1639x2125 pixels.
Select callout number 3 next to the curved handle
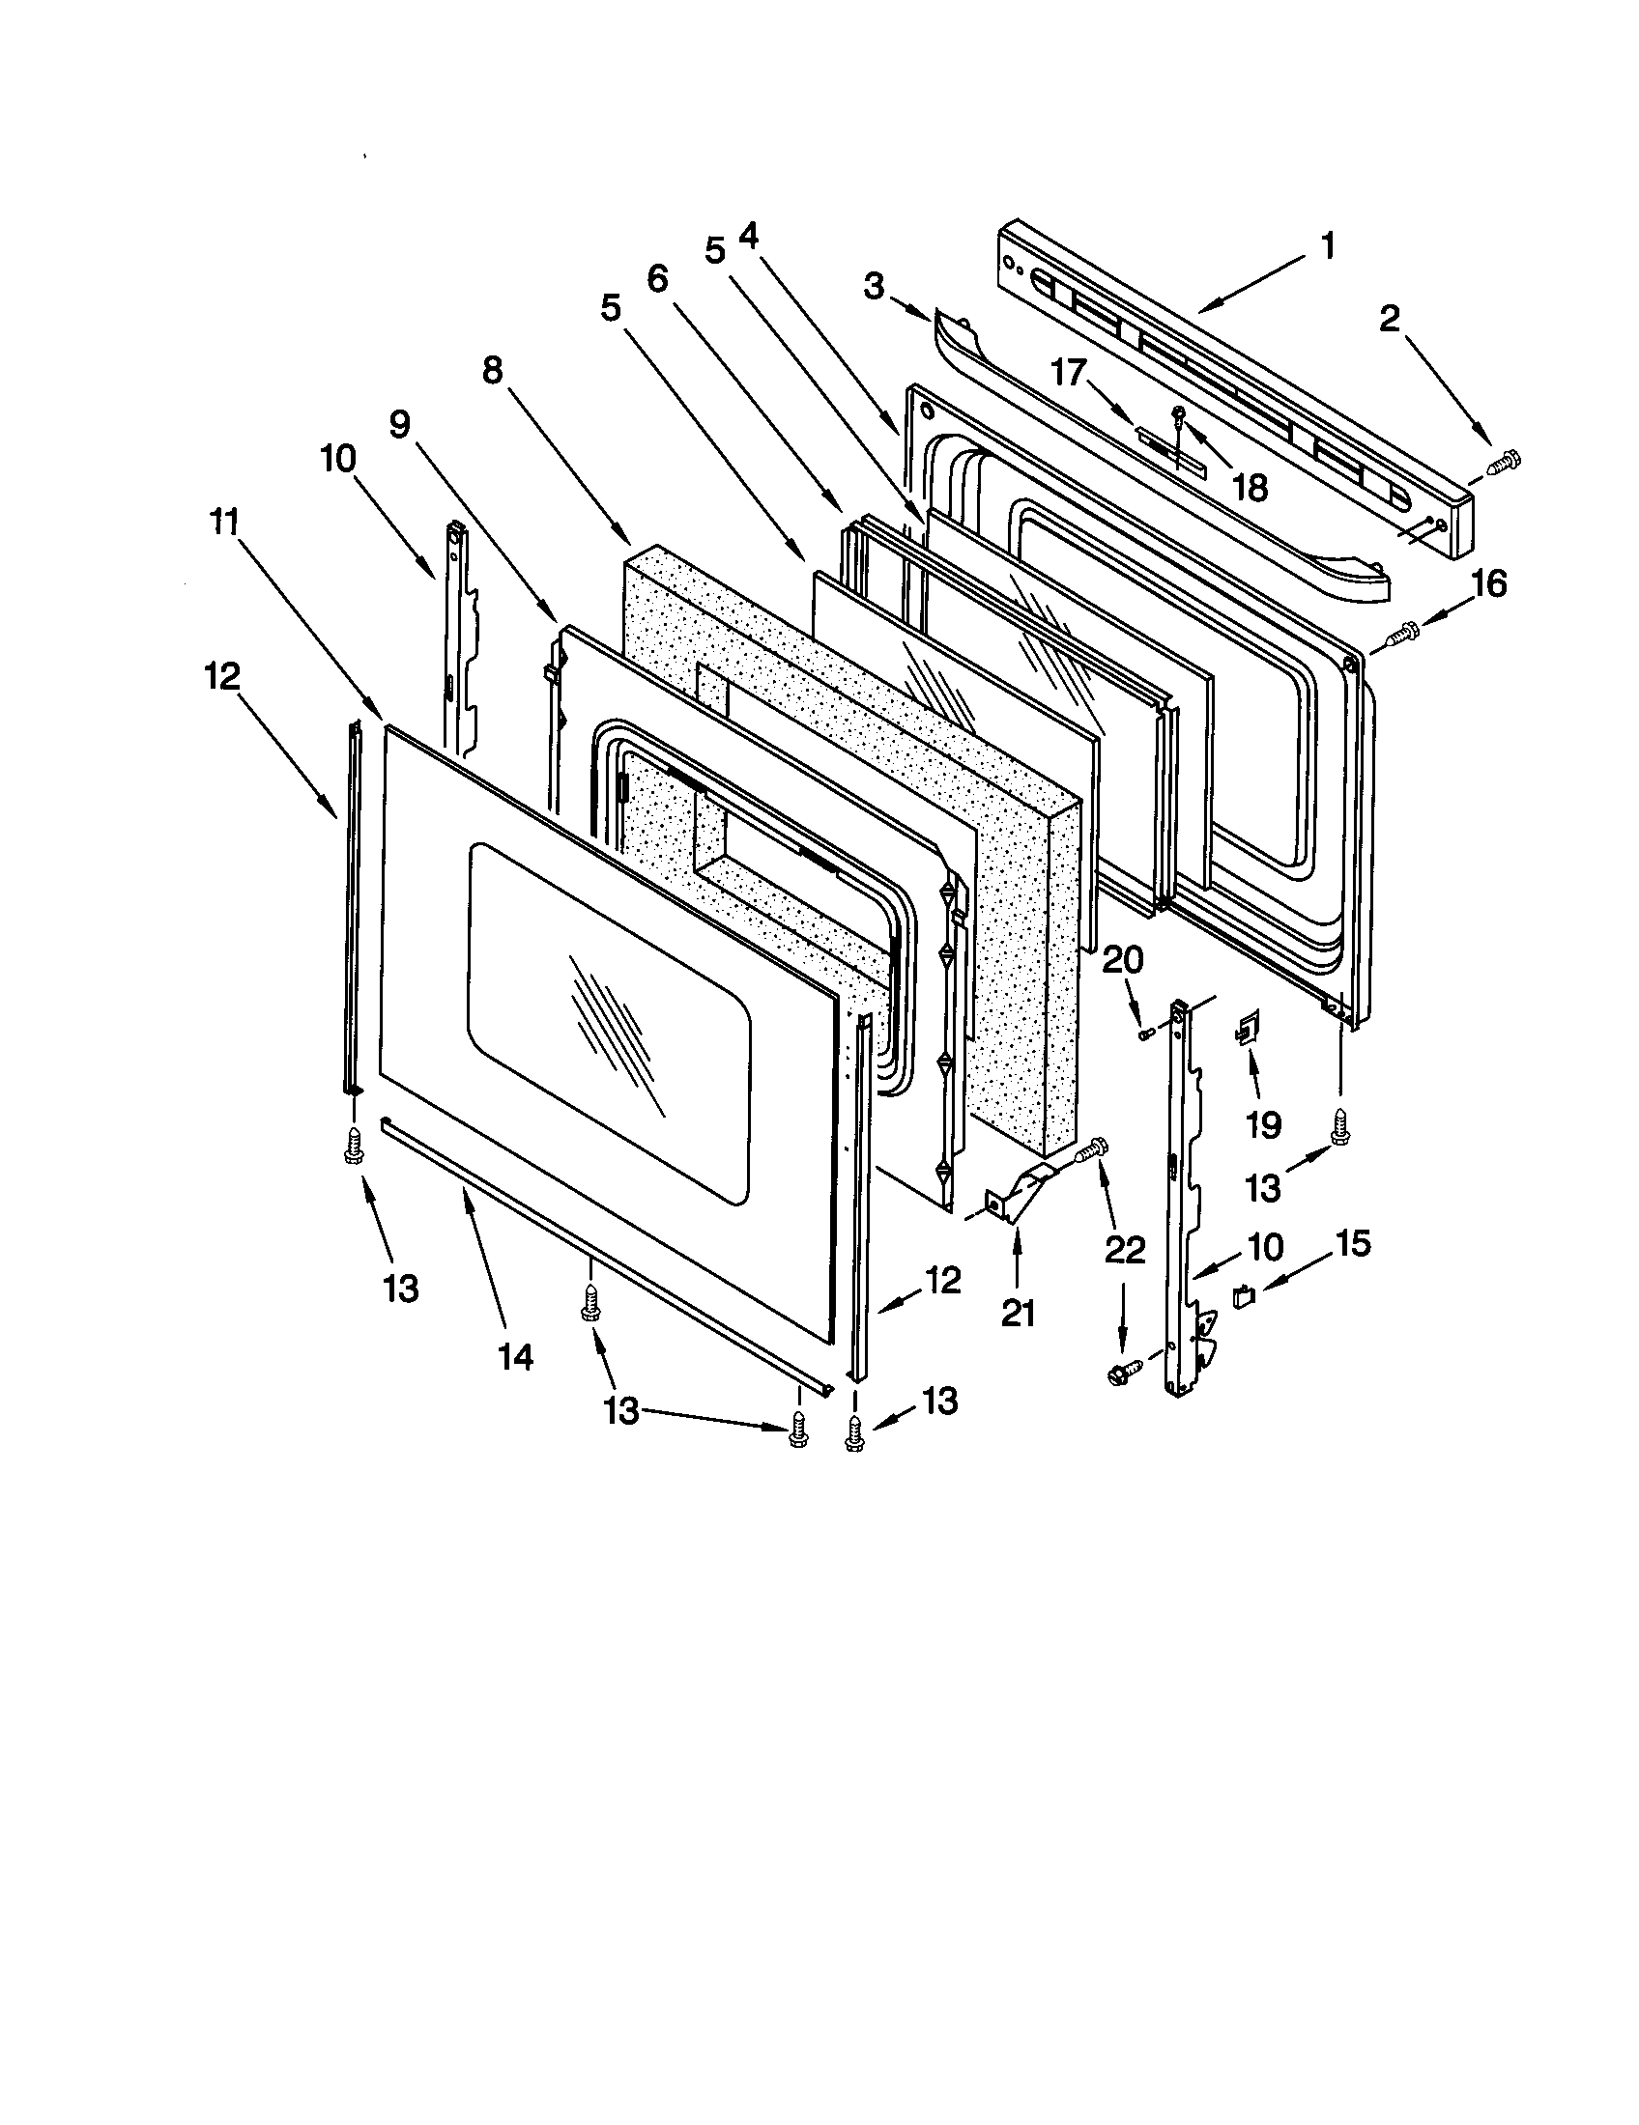click(874, 286)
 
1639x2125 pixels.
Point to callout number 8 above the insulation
click(493, 371)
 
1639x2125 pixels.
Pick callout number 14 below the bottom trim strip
click(516, 1355)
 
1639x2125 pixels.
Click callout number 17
click(1068, 373)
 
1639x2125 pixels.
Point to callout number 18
click(1250, 488)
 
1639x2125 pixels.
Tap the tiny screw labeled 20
click(1146, 1033)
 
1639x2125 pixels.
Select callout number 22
click(1124, 1250)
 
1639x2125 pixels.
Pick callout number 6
click(657, 279)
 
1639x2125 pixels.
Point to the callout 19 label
click(1263, 1124)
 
